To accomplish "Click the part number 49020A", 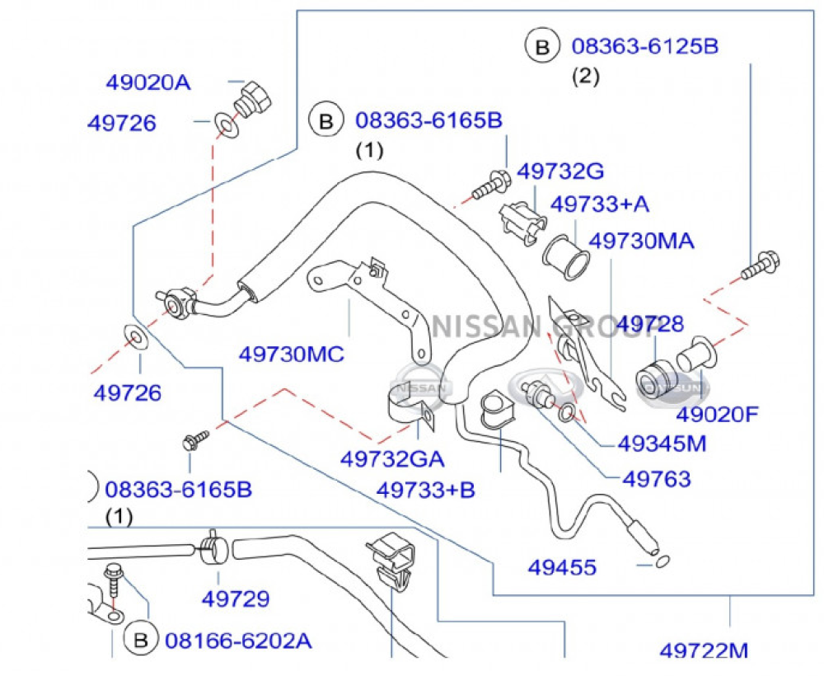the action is coord(148,82).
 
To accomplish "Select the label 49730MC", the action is coord(292,354).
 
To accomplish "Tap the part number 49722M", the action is coord(704,650).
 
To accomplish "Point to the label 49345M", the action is coord(662,444).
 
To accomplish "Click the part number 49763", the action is coord(657,479).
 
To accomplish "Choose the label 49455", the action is coord(562,568).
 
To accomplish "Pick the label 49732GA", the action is coord(392,459).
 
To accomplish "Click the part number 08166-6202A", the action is coord(239,641).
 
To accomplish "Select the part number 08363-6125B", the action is coord(645,46).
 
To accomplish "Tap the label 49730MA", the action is coord(641,242).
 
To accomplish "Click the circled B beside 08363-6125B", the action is coord(542,46).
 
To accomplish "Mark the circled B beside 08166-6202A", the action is coord(141,641).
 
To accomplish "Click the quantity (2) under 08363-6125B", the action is coord(585,77).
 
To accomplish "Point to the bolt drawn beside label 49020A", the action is coord(253,100).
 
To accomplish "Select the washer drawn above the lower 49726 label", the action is coord(136,336).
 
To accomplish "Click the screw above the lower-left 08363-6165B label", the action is coord(195,439).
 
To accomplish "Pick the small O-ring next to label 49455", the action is coord(662,562).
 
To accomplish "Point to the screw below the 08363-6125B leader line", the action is coord(761,265).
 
